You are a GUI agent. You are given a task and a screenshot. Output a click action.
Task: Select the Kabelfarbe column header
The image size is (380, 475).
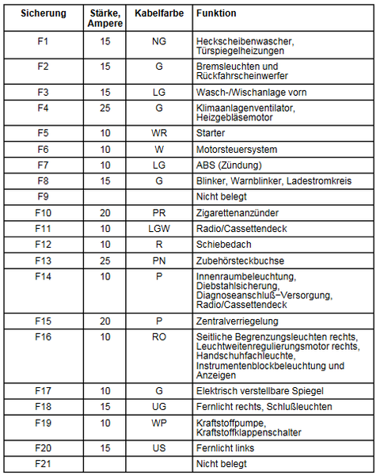pyautogui.click(x=158, y=14)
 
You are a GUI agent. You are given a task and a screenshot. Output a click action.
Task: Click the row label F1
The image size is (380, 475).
pyautogui.click(x=44, y=40)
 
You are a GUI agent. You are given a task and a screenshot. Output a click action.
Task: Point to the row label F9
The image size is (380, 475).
pyautogui.click(x=44, y=196)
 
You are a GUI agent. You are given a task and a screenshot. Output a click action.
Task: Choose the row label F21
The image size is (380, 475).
pyautogui.click(x=44, y=463)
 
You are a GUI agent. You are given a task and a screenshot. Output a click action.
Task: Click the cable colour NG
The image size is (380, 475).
pyautogui.click(x=159, y=40)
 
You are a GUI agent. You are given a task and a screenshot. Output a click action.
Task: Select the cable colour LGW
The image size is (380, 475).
pyautogui.click(x=159, y=229)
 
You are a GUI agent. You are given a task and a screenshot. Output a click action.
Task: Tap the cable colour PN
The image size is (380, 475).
pyautogui.click(x=159, y=260)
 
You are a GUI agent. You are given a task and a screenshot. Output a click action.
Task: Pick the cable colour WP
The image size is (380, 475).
pyautogui.click(x=159, y=424)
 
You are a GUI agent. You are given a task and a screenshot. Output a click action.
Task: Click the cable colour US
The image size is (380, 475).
pyautogui.click(x=159, y=447)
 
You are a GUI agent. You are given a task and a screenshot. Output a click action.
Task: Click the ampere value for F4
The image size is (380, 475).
pyautogui.click(x=104, y=108)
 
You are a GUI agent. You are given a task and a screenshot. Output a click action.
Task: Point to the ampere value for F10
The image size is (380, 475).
pyautogui.click(x=104, y=213)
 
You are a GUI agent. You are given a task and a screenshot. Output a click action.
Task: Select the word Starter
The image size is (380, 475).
pyautogui.click(x=211, y=133)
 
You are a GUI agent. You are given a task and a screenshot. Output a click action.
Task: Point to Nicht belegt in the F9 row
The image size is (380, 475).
pyautogui.click(x=222, y=196)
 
